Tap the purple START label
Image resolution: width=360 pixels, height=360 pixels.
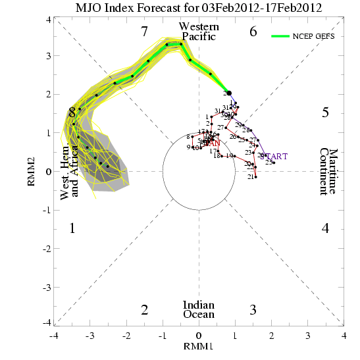[274, 156]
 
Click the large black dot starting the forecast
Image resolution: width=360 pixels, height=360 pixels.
[228, 93]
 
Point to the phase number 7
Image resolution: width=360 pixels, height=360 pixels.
[145, 31]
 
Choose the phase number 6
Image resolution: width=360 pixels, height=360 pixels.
[253, 31]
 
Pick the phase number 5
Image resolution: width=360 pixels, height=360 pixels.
[325, 113]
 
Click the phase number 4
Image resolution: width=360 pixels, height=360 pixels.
[325, 228]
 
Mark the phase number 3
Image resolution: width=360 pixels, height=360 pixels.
[253, 309]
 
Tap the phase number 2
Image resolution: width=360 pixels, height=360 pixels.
[145, 309]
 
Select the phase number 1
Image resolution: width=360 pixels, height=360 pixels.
[72, 228]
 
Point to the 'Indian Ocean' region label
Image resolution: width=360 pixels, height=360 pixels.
[199, 309]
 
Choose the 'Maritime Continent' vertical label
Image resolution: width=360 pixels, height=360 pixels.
[328, 171]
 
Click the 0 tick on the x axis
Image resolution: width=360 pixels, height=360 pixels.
[199, 335]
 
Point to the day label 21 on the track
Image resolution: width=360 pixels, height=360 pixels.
[250, 177]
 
